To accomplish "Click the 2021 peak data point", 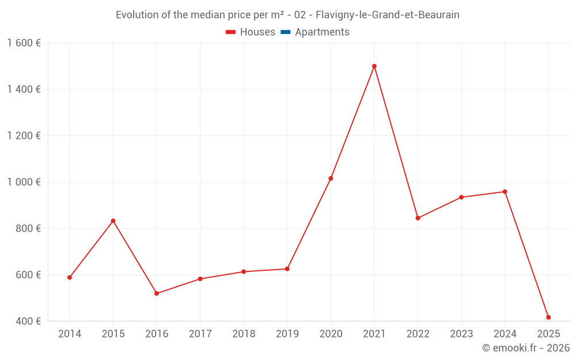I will click(374, 66).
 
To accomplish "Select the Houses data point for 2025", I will click(548, 317).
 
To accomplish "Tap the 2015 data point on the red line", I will click(113, 221).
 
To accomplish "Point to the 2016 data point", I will click(157, 294).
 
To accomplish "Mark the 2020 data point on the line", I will click(331, 179).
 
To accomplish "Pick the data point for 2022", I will click(418, 218).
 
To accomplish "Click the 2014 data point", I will click(70, 278).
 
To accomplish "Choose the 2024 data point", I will click(505, 192).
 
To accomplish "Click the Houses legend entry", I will click(251, 32).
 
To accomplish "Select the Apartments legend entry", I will click(321, 32).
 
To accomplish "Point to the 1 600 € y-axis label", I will click(24, 43).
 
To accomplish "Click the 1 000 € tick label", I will click(24, 182).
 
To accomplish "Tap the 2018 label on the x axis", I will click(244, 334).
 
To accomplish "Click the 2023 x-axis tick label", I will click(461, 334).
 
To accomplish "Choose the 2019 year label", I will click(287, 334).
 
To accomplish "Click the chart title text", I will click(287, 15).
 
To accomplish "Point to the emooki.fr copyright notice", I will click(525, 348).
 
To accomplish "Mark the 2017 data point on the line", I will click(200, 279).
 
